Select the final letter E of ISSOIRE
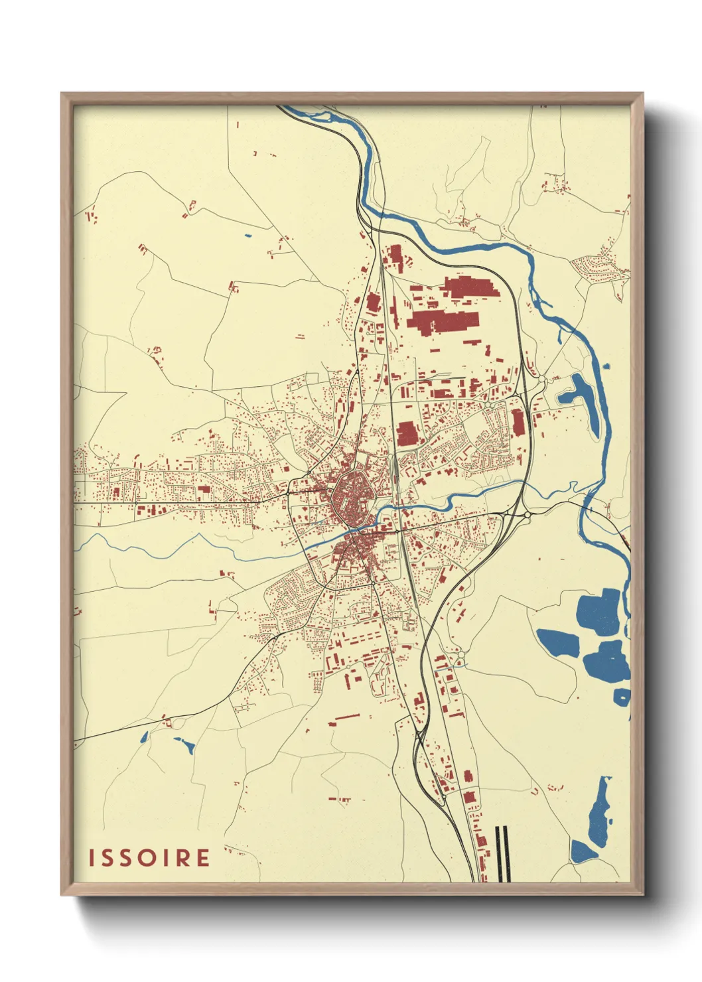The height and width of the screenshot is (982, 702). pyautogui.click(x=202, y=857)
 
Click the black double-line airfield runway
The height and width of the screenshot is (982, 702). pyautogui.click(x=502, y=853)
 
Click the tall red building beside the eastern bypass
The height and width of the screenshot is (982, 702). pyautogui.click(x=518, y=423)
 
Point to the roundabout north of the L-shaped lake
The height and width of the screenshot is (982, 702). pyautogui.click(x=541, y=379)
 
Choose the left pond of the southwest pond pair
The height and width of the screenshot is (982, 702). pyautogui.click(x=144, y=736)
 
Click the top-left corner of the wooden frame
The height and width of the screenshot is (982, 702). pyautogui.click(x=62, y=94)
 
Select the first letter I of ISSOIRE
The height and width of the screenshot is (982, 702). pyautogui.click(x=92, y=857)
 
